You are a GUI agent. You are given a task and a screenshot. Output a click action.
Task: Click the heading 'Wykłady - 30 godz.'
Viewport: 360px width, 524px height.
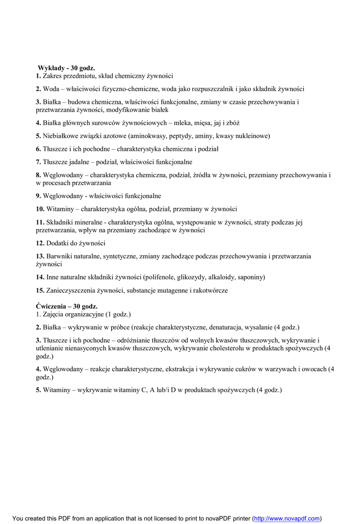point(67,68)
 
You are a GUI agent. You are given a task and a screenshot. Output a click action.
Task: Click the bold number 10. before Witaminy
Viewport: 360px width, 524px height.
point(40,209)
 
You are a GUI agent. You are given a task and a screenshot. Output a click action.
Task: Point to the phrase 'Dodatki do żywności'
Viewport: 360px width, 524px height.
point(76,243)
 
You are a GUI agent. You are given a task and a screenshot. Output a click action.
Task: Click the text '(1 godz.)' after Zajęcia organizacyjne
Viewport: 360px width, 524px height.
point(118,314)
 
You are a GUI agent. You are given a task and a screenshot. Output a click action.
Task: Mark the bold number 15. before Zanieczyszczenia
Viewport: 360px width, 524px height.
point(40,290)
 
